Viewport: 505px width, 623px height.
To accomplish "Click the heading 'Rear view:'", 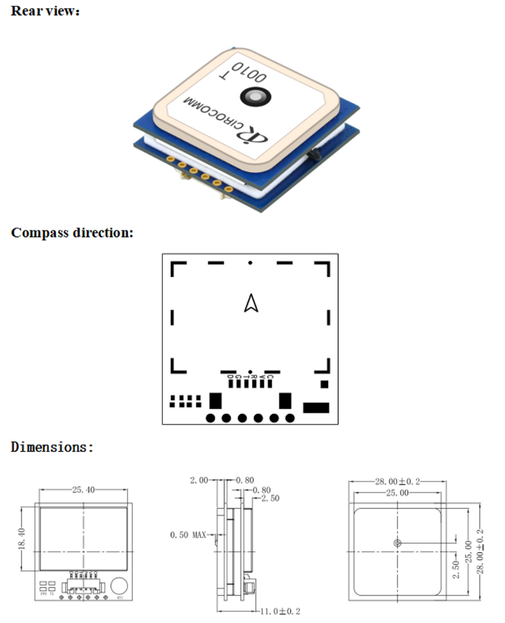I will pos(46,11).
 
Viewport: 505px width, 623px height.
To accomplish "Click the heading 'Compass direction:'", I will pos(72,233).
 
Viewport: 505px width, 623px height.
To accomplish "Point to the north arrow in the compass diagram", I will pos(251,303).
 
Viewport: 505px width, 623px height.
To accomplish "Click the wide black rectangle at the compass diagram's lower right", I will pos(315,407).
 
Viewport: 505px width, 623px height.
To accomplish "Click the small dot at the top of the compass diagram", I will pos(250,263).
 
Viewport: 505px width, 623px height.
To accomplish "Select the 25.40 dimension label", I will pos(84,490).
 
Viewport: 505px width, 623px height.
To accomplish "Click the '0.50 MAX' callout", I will pos(188,534).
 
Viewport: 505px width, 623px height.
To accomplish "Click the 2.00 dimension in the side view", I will pos(199,480).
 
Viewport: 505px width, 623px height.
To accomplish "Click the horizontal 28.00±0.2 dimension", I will pos(397,481).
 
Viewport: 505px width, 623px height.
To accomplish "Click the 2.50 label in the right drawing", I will pos(456,569).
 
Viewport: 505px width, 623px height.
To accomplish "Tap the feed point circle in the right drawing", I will pos(397,543).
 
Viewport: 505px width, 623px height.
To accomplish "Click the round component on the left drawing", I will pos(120,586).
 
